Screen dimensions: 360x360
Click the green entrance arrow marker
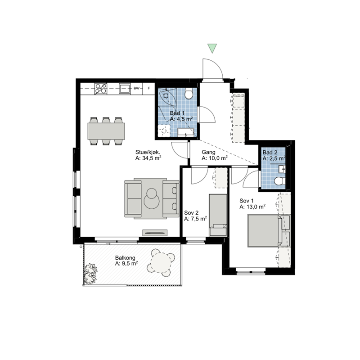click(212, 48)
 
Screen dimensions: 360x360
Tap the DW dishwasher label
click(137, 88)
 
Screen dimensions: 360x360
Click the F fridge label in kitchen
click(149, 88)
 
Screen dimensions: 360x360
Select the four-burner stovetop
click(101, 89)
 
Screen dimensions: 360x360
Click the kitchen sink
click(125, 89)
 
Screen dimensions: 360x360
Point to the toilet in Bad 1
click(189, 93)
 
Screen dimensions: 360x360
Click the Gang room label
click(208, 152)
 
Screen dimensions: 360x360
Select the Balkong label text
click(125, 258)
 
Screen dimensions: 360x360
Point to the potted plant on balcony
click(91, 274)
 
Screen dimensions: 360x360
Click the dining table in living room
click(106, 131)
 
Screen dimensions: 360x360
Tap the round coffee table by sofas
click(152, 198)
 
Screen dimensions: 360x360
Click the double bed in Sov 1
click(265, 231)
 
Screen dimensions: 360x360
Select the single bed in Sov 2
click(218, 215)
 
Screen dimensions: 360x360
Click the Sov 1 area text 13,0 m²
click(252, 207)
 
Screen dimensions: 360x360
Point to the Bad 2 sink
click(282, 169)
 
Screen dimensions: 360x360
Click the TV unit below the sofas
click(155, 233)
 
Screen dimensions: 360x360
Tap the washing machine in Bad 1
click(164, 130)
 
